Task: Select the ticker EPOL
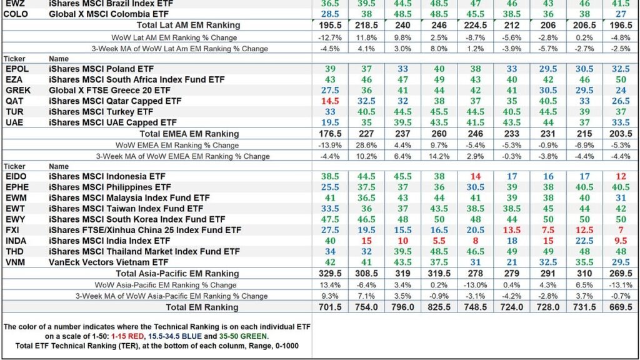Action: click(17, 69)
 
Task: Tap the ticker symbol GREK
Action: click(18, 90)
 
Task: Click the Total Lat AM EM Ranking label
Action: click(188, 25)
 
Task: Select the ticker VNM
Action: click(16, 262)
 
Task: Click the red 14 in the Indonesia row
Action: click(475, 176)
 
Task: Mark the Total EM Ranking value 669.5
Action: click(621, 307)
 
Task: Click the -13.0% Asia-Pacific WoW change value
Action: click(475, 284)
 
